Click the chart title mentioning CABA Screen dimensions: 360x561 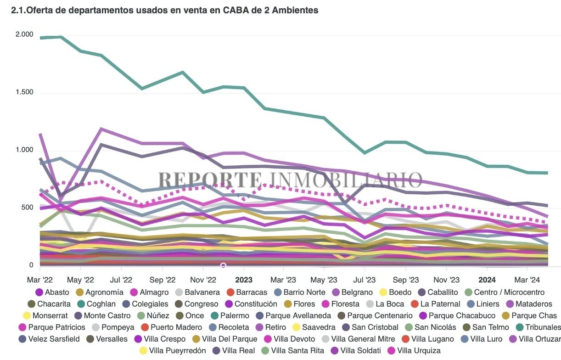click(165, 11)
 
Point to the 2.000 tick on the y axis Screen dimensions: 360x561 click(24, 34)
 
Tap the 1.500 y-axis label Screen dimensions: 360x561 click(24, 92)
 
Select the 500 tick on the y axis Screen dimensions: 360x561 click(28, 208)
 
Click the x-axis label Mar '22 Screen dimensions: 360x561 click(40, 280)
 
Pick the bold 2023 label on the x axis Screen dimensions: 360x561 click(244, 280)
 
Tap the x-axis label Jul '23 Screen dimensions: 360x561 click(365, 280)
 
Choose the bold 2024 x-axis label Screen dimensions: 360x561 click(487, 280)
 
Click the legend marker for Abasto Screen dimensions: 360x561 click(39, 292)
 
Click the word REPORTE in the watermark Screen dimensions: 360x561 click(210, 180)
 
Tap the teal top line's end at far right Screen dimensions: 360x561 click(547, 173)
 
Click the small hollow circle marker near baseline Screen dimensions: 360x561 click(224, 266)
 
